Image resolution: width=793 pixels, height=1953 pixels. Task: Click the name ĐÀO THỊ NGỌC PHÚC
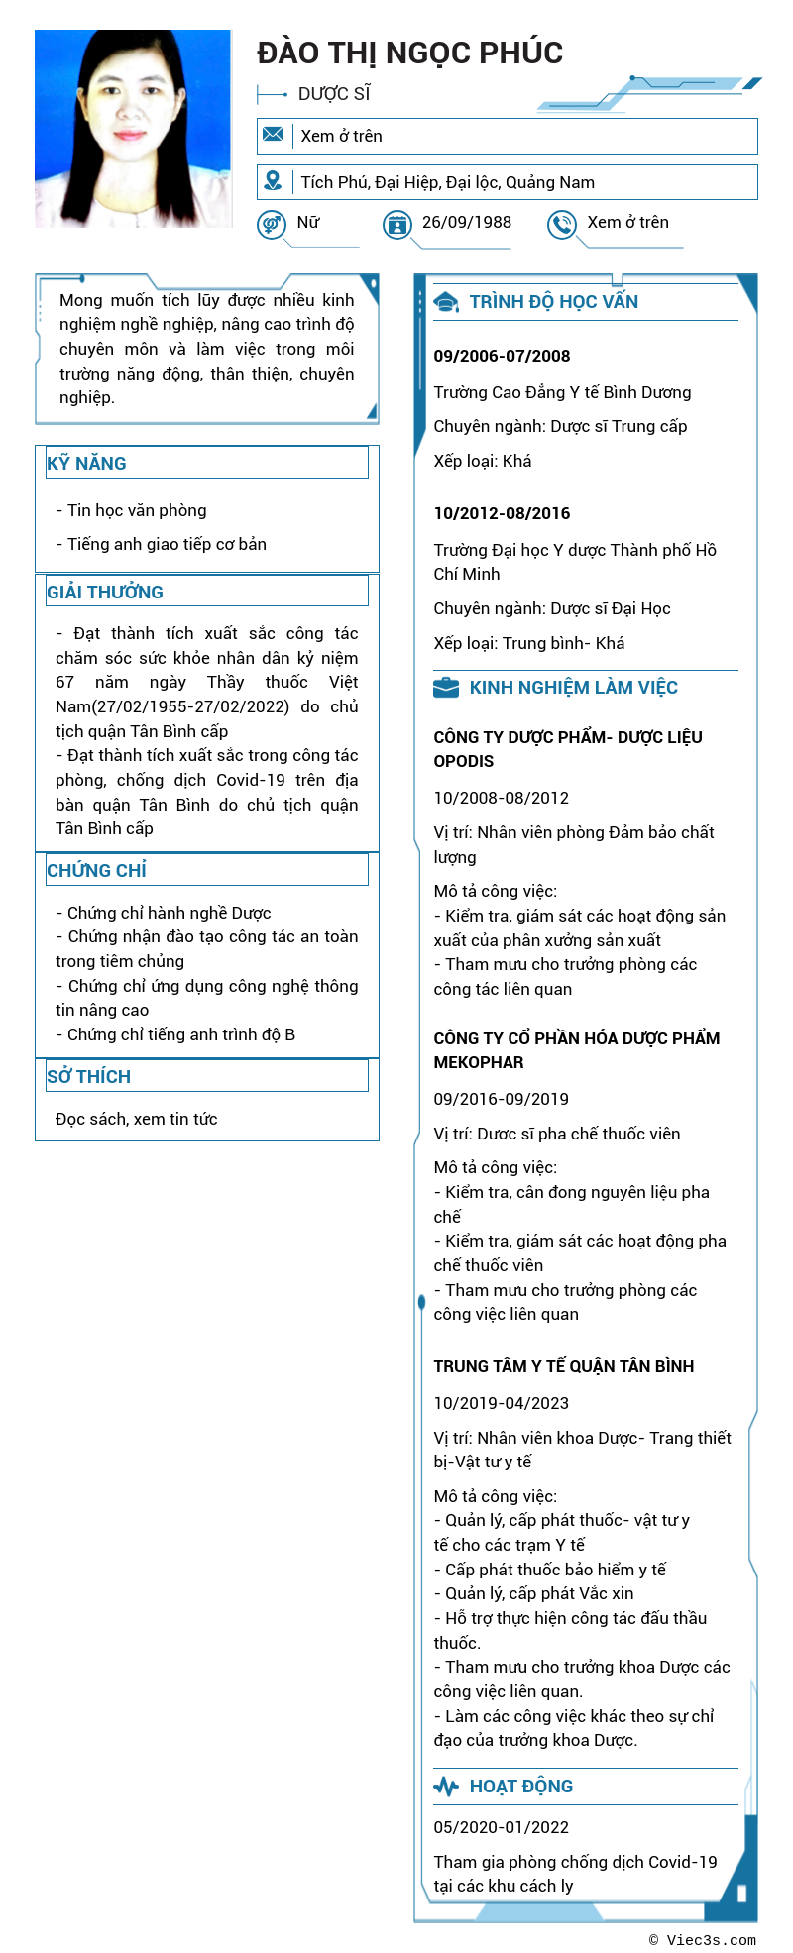(409, 53)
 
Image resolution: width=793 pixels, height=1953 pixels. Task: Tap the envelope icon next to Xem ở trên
(273, 135)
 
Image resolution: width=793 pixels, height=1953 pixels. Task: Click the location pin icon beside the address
(273, 181)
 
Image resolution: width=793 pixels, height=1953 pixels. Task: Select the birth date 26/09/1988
(467, 222)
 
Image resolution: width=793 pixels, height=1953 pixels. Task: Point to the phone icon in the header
(561, 225)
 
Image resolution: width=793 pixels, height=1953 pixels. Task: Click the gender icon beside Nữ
(271, 225)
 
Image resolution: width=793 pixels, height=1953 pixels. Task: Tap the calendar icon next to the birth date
(396, 225)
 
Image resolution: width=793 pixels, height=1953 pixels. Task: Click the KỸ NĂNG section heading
(86, 463)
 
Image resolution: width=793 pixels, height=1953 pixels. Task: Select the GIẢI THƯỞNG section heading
(105, 592)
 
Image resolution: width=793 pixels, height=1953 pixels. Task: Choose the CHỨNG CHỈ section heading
(96, 870)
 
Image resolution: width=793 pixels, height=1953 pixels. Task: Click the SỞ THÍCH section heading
(88, 1076)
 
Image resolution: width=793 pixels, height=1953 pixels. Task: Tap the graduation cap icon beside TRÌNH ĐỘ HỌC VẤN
(446, 302)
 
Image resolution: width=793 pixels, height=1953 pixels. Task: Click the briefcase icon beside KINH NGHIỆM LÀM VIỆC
(446, 687)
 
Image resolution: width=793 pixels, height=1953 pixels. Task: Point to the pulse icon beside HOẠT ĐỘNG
(446, 1787)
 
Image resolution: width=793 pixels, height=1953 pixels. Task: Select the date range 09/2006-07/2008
(502, 356)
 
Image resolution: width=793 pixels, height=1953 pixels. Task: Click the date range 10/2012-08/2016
(502, 513)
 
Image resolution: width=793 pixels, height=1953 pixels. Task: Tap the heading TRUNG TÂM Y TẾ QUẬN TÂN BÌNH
(563, 1366)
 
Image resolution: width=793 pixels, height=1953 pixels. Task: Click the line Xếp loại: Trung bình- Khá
(528, 643)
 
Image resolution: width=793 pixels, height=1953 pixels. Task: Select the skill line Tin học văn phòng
(137, 510)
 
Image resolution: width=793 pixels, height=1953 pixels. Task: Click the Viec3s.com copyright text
(703, 1940)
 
